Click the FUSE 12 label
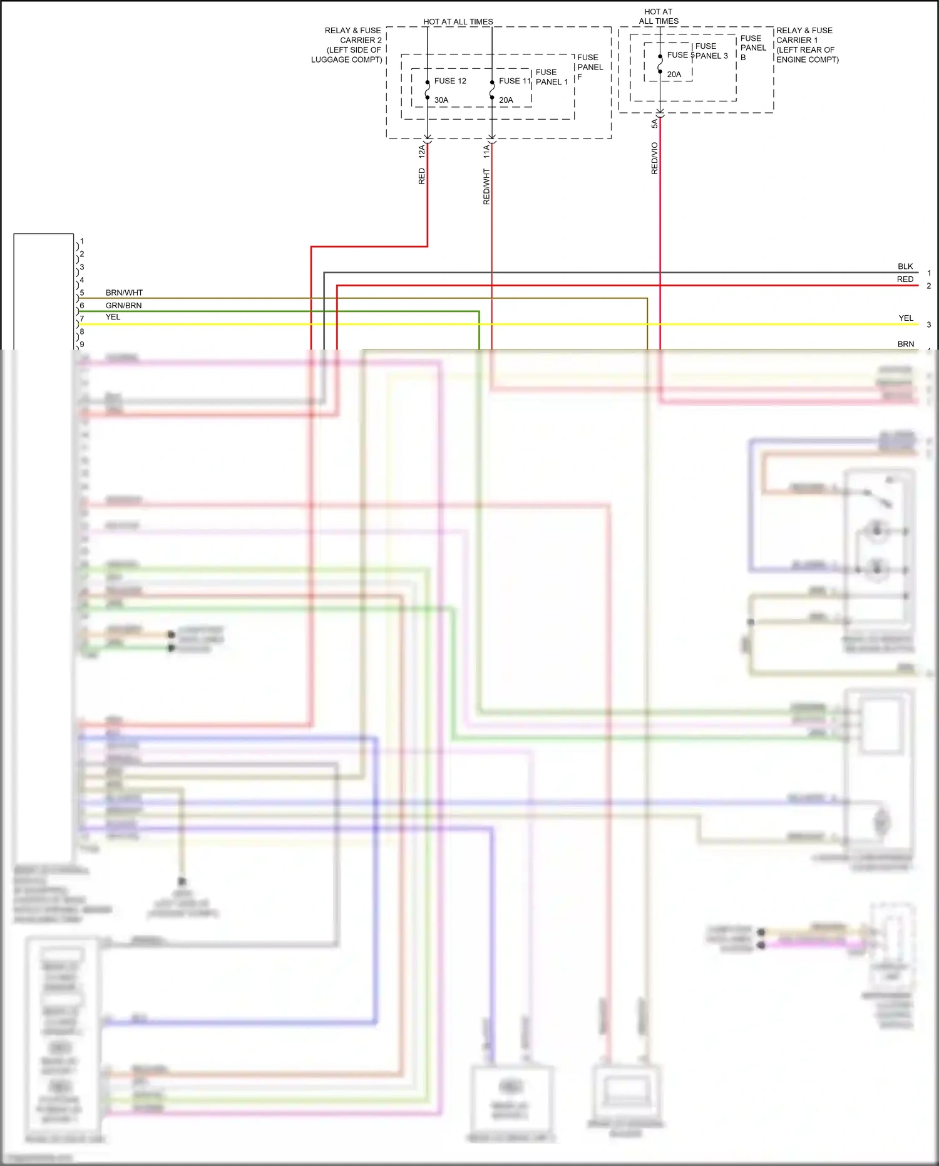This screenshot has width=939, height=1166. (450, 81)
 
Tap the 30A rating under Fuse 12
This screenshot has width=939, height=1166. (441, 100)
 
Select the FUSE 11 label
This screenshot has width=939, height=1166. (514, 81)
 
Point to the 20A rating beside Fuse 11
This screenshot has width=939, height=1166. (506, 100)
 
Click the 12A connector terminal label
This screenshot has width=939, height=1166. (421, 150)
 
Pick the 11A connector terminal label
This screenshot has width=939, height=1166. (486, 150)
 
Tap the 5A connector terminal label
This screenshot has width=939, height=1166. (655, 123)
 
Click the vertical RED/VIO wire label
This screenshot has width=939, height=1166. (655, 158)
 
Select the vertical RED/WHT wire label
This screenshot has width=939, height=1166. (486, 186)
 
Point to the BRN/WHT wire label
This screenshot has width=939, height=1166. (124, 293)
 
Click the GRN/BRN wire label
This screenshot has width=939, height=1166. (123, 306)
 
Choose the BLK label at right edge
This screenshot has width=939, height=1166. (905, 266)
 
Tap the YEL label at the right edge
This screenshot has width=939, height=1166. (906, 318)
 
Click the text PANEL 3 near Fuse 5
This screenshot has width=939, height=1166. (712, 56)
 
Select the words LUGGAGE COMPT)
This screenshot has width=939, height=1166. (347, 60)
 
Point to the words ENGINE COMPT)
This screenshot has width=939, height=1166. (808, 60)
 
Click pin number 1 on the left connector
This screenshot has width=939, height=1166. (82, 241)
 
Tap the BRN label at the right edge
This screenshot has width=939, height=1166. (906, 344)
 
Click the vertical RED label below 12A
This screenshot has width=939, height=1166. (421, 176)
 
